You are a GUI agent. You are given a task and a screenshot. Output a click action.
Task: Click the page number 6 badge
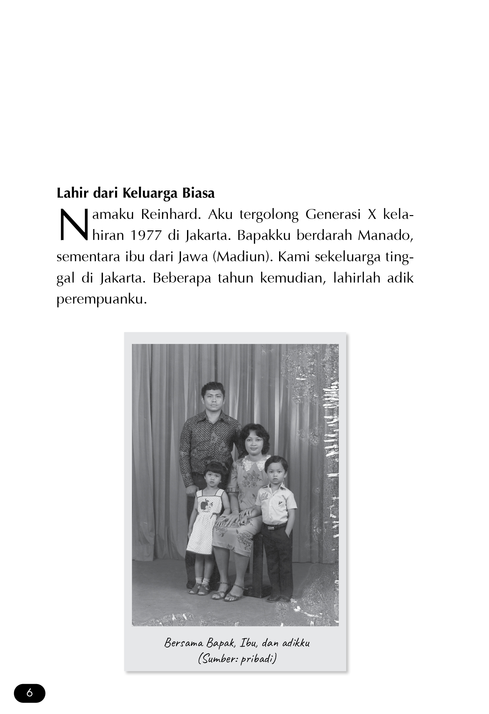point(30,693)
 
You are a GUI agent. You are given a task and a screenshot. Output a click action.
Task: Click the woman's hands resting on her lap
point(236,518)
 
